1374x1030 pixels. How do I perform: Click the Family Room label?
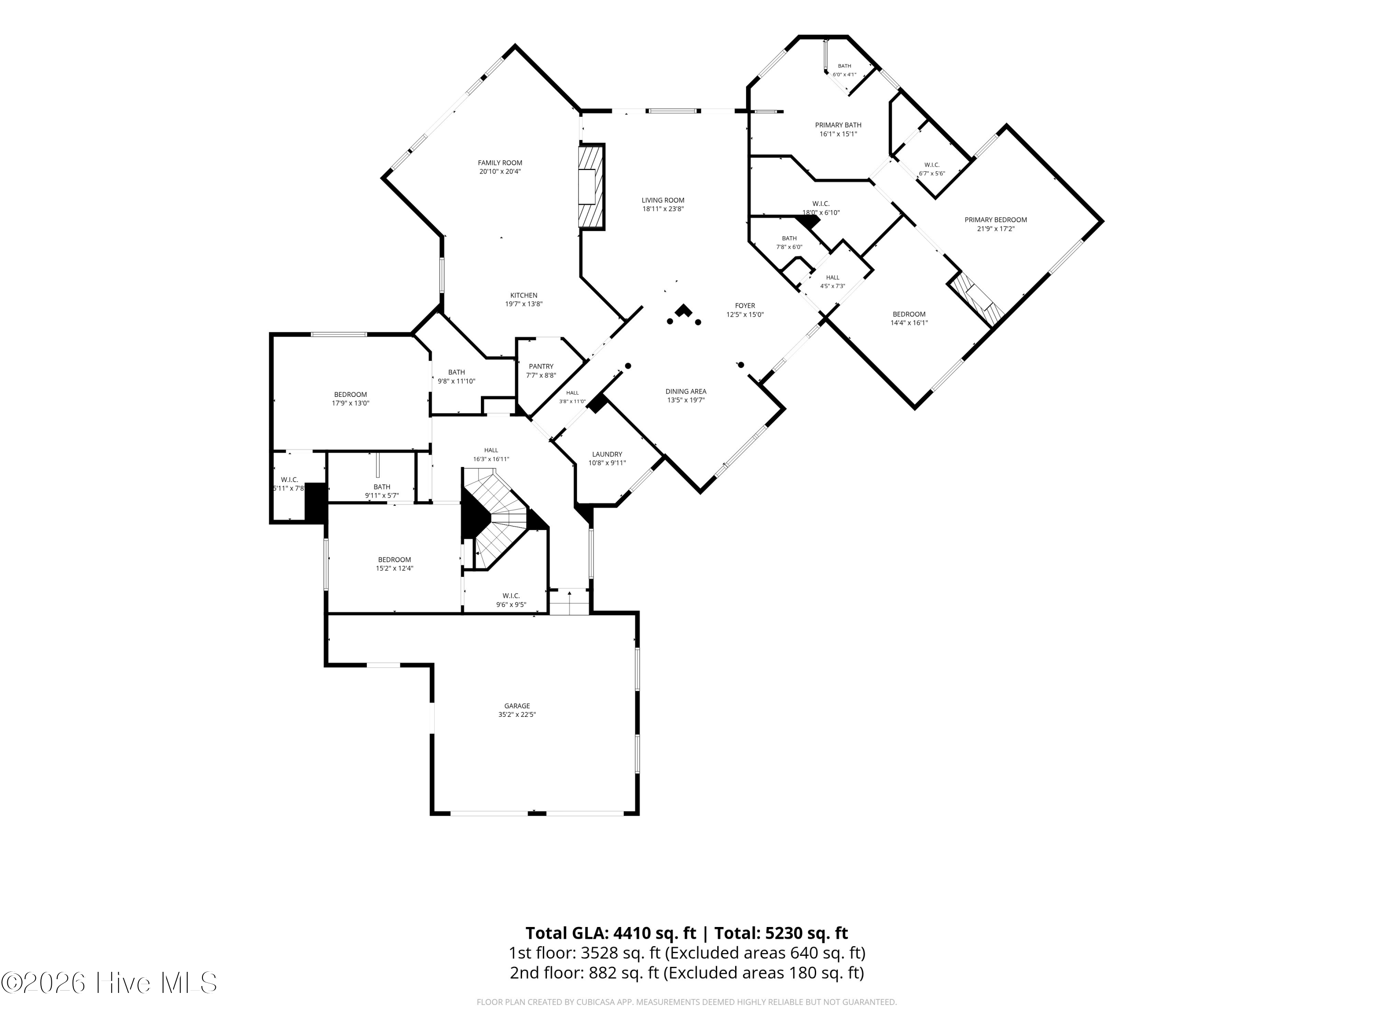coord(500,163)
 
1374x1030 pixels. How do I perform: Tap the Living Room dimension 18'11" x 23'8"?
coord(663,209)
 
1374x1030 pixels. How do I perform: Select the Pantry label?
coord(541,366)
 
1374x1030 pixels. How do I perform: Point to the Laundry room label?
coord(607,455)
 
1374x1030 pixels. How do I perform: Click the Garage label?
coord(517,706)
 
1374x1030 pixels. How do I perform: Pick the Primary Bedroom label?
coord(996,220)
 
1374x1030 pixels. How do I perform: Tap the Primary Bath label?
coord(838,125)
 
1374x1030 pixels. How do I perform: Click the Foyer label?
coord(745,305)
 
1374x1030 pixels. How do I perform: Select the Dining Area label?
coord(686,391)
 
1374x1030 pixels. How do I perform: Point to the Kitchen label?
coord(523,296)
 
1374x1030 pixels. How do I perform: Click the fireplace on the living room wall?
coord(591,187)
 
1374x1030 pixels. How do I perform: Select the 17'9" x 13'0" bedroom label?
coord(350,399)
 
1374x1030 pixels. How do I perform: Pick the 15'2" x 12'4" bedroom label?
coord(394,564)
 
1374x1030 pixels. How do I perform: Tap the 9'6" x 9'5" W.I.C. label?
coord(511,600)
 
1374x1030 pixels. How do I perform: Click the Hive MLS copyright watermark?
coord(109,983)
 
